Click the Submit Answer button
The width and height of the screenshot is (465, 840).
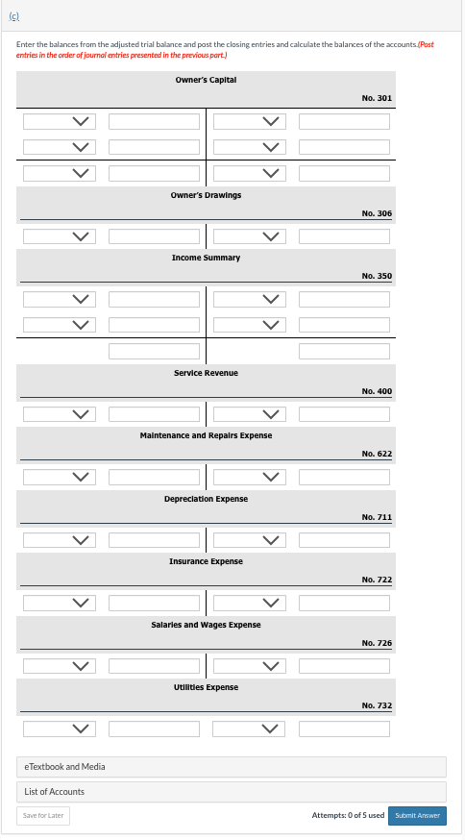pyautogui.click(x=418, y=815)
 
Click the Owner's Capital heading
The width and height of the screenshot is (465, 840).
pyautogui.click(x=206, y=80)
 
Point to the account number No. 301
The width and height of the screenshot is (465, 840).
pyautogui.click(x=376, y=98)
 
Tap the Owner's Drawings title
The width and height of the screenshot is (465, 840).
pyautogui.click(x=206, y=194)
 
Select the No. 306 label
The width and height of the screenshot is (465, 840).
pyautogui.click(x=376, y=212)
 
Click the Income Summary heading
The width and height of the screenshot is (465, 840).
pyautogui.click(x=206, y=258)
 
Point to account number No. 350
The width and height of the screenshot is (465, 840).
pyautogui.click(x=376, y=276)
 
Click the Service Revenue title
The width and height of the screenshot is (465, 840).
pyautogui.click(x=206, y=372)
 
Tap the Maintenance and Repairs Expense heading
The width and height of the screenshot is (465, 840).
pyautogui.click(x=206, y=435)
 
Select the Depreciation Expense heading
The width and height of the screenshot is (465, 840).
pyautogui.click(x=206, y=499)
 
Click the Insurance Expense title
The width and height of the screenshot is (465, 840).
pyautogui.click(x=206, y=561)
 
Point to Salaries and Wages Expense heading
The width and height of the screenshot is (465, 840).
pyautogui.click(x=206, y=625)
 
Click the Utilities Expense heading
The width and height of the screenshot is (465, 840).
pyautogui.click(x=206, y=687)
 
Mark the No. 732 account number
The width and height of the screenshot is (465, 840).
pyautogui.click(x=376, y=705)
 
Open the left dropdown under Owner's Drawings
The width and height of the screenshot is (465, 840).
pyautogui.click(x=60, y=236)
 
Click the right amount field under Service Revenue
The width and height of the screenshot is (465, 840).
pyautogui.click(x=344, y=414)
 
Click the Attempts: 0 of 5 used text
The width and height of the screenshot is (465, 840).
pyautogui.click(x=348, y=815)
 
